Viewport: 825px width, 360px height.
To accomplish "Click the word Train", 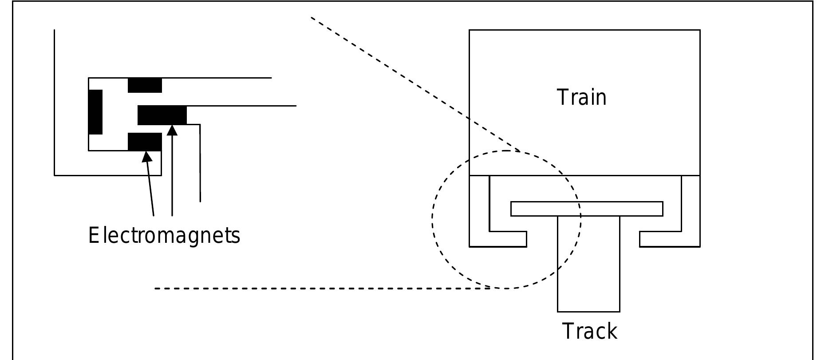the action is [x=581, y=98].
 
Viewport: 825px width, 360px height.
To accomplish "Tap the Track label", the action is [x=589, y=331].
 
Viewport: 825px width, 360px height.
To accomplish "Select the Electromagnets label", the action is [x=164, y=235].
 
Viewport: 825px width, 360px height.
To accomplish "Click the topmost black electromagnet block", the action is [x=145, y=85].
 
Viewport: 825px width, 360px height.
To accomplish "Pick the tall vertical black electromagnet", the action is [x=95, y=112].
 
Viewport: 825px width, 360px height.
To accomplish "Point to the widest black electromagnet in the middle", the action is [x=162, y=115].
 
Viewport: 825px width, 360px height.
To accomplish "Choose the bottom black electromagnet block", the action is [x=145, y=142].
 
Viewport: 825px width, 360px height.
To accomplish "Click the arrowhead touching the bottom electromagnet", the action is [x=147, y=157].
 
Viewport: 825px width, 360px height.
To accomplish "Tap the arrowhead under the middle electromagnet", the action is [x=173, y=130].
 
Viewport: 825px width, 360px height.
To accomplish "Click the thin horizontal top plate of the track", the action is [x=587, y=209].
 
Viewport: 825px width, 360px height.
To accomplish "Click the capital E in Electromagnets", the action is [x=93, y=235].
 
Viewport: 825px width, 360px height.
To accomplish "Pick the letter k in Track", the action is [x=611, y=331].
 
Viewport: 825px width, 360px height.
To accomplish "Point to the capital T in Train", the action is [x=562, y=98].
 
